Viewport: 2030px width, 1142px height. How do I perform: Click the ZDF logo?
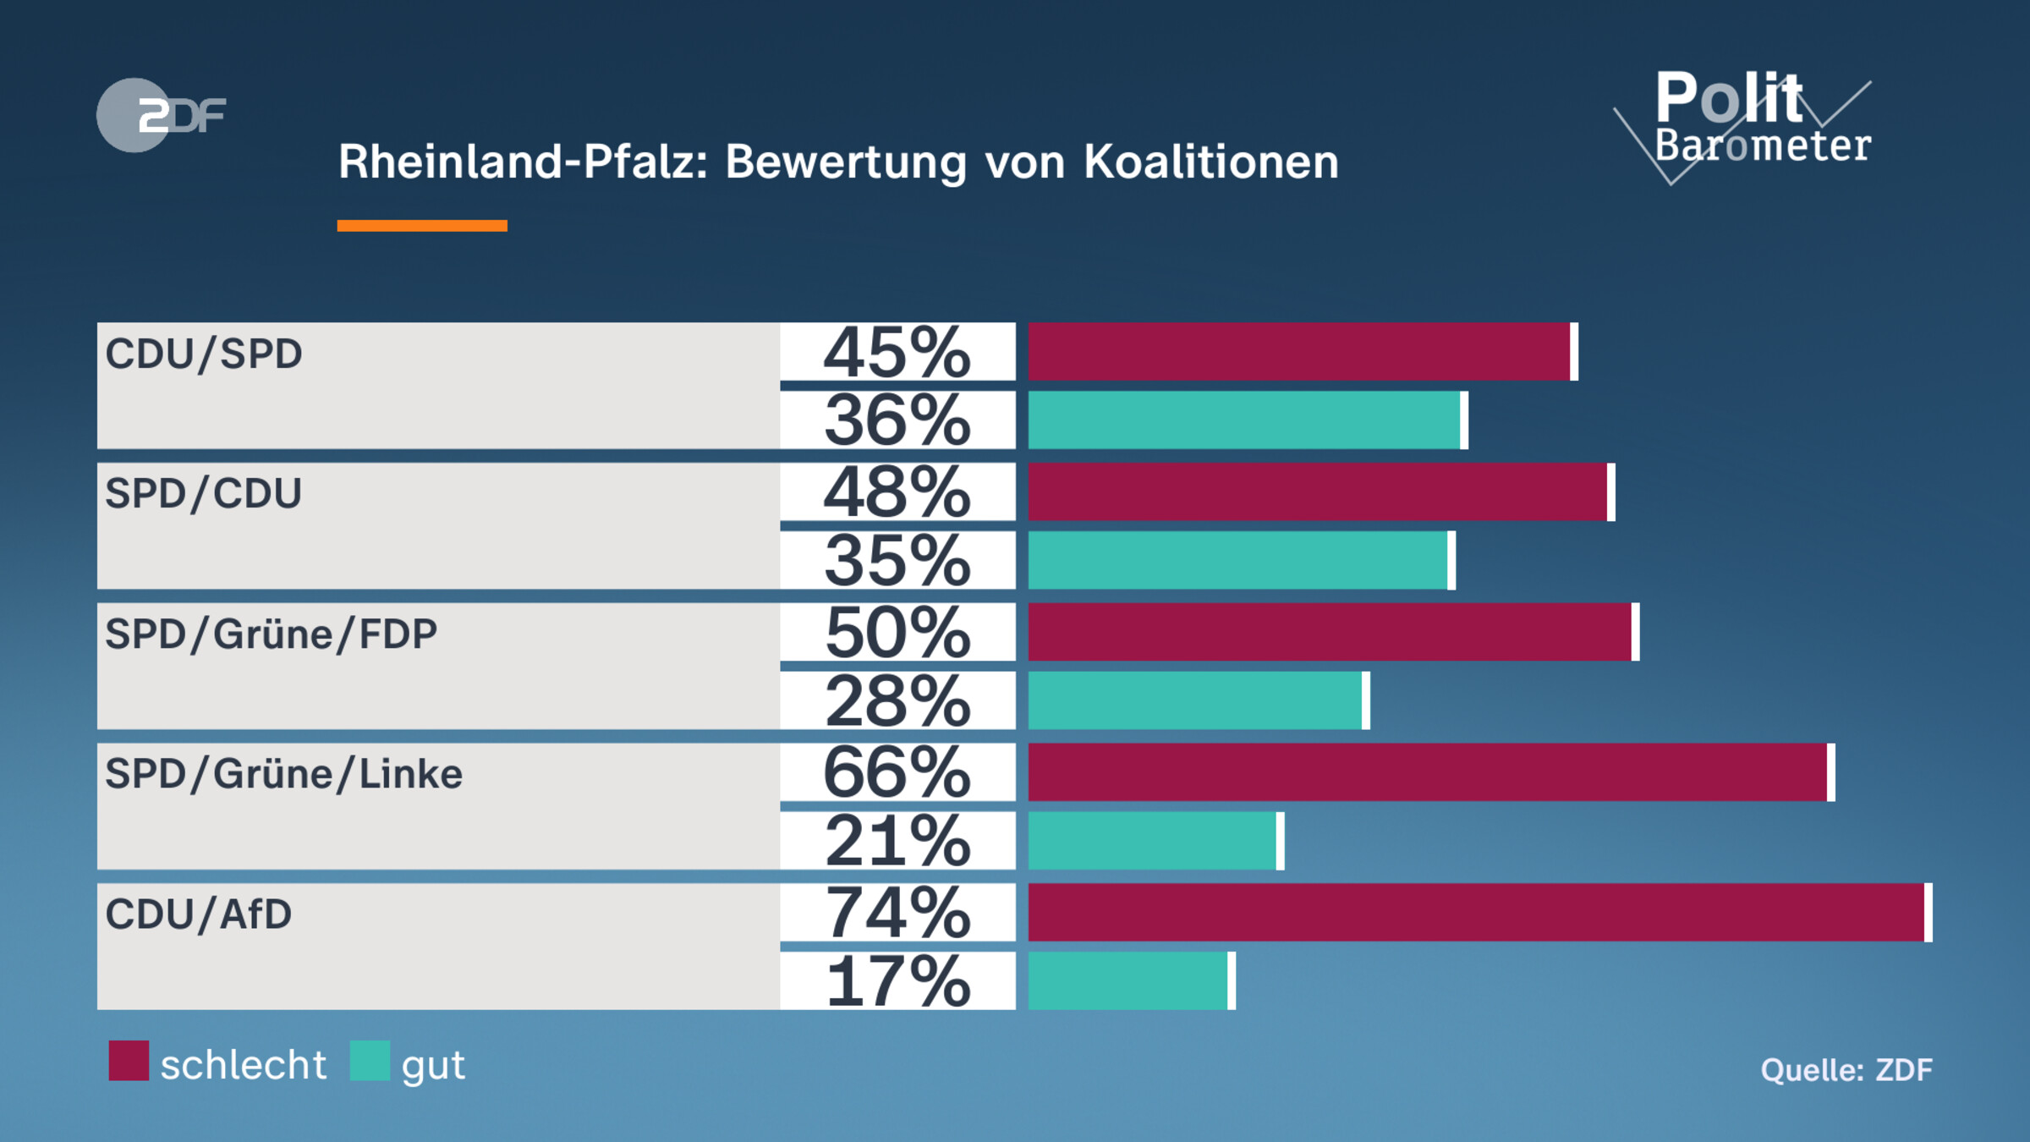click(161, 115)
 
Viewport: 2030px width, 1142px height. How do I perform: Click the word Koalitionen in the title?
click(1211, 162)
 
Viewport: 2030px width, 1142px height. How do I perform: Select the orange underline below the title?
click(422, 226)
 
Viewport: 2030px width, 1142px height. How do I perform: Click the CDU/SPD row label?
click(203, 354)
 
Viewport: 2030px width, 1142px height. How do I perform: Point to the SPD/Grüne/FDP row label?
click(271, 634)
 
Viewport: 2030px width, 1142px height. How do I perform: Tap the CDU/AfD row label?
click(198, 914)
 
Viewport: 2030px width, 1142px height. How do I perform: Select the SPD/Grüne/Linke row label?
click(283, 774)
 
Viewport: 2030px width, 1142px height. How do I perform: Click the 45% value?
click(897, 353)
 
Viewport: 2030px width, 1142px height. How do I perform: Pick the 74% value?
click(897, 913)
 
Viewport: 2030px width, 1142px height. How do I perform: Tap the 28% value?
click(897, 701)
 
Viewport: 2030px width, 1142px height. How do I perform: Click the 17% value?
click(897, 981)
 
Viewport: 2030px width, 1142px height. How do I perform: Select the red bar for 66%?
click(1429, 772)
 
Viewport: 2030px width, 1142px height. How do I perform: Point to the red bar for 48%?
click(1319, 491)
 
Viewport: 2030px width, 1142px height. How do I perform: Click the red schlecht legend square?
click(129, 1061)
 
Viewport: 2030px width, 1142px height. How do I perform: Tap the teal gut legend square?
click(370, 1061)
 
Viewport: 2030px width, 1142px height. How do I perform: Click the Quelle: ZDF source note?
click(1846, 1070)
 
